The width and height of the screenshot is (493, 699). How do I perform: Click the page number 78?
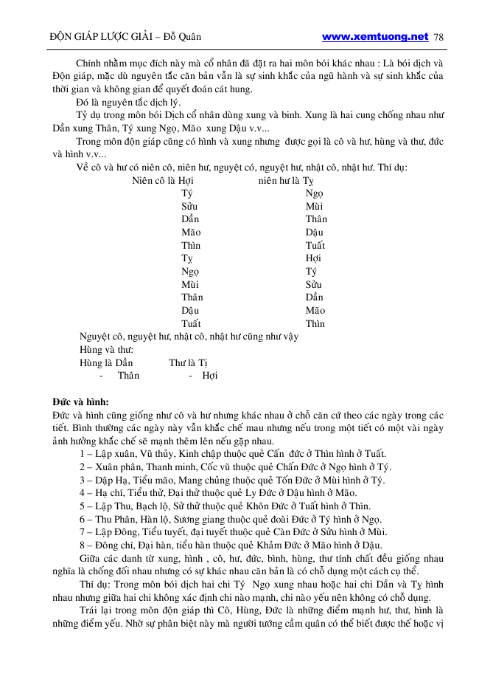(439, 37)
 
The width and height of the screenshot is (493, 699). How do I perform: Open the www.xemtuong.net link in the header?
(375, 36)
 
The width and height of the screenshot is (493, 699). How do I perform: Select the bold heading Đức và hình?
(80, 402)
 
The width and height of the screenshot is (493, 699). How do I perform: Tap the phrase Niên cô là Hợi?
(163, 180)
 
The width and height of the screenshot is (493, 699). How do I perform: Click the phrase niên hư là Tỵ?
(286, 180)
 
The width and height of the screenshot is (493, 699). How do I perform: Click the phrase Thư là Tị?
(189, 362)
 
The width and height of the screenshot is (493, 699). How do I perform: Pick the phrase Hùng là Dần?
(106, 362)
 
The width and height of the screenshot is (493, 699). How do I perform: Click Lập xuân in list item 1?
(116, 453)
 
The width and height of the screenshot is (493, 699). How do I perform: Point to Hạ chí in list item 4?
(111, 493)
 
